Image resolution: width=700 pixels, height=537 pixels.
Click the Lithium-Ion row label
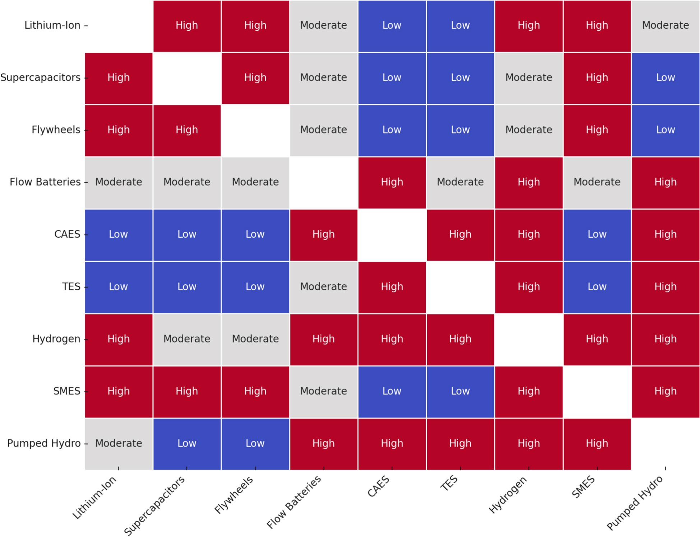52,25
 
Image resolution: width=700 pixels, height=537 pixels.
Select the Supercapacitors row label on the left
40,78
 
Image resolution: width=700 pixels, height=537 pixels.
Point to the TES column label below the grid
449,483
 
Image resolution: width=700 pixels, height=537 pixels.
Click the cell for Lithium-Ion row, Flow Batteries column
323,25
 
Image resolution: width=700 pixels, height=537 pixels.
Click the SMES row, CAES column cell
392,391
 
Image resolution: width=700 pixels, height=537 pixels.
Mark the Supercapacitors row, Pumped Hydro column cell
665,78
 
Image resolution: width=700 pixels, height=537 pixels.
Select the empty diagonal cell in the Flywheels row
255,130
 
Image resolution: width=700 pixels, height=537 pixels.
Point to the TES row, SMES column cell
597,287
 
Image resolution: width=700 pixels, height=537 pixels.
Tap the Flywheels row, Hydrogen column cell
529,130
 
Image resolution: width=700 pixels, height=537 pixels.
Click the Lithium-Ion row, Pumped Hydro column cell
665,25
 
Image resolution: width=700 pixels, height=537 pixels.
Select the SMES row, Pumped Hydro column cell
665,391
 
